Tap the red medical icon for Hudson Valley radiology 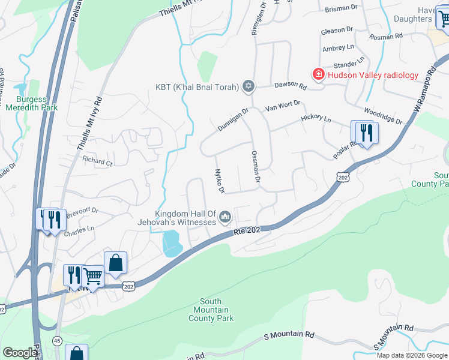(x=318, y=74)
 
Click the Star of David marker (x=249, y=87)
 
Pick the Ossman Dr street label (x=256, y=167)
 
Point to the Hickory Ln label (x=316, y=119)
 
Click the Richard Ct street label (x=98, y=161)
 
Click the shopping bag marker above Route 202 (x=115, y=263)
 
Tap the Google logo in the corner (x=20, y=353)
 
